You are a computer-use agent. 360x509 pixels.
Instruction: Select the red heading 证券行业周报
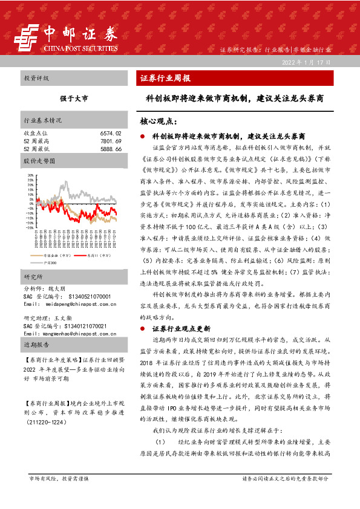tap(165, 79)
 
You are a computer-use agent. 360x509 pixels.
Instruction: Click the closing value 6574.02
tap(111, 132)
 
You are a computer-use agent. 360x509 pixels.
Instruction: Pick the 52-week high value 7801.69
tap(111, 140)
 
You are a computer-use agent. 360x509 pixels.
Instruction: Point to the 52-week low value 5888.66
tap(111, 148)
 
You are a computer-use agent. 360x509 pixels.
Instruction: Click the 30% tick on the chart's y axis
tap(30, 175)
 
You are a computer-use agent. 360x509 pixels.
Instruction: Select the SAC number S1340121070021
tap(84, 325)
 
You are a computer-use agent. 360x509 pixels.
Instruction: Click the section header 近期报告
tap(36, 345)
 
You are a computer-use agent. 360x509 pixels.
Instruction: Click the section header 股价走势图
tap(39, 161)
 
